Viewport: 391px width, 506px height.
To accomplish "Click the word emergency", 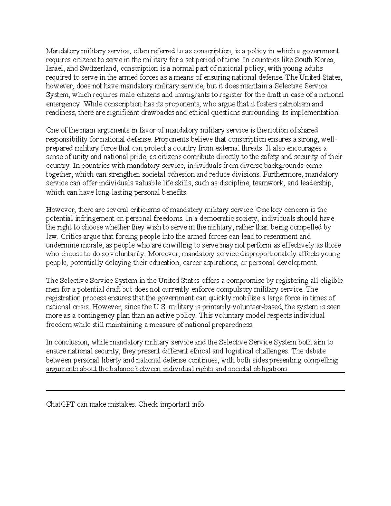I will click(63, 104).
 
